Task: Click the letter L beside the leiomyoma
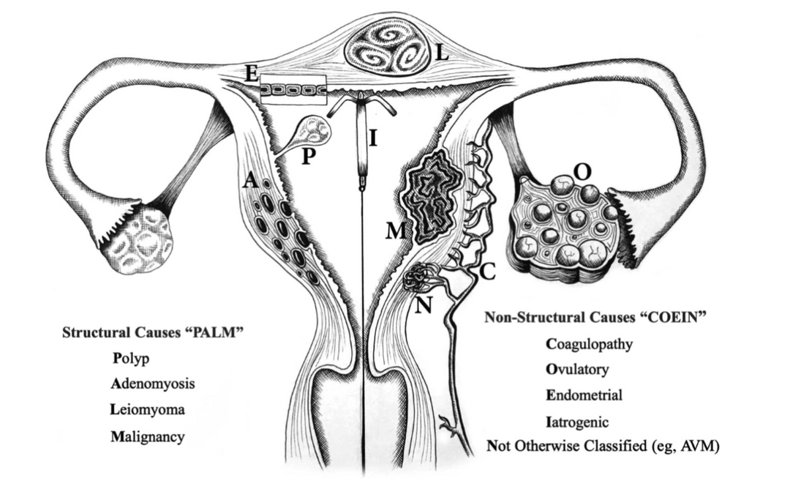point(442,53)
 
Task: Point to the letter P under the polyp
point(309,157)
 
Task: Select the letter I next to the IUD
point(373,138)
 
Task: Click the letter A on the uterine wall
point(250,179)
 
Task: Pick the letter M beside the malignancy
point(396,231)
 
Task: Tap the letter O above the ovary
point(582,173)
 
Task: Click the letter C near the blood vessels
point(487,272)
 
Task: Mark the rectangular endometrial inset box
point(293,90)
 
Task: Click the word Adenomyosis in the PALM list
point(153,384)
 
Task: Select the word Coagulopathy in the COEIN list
point(589,345)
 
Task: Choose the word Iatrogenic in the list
point(577,422)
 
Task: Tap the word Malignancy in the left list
point(148,436)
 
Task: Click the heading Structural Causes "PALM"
point(150,332)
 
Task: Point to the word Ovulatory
point(577,370)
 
